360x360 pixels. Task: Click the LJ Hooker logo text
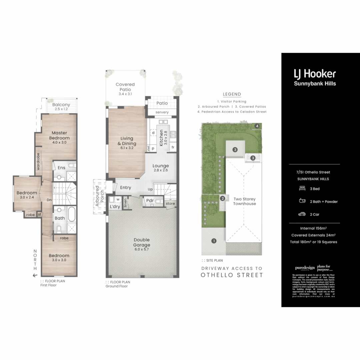(x=315, y=74)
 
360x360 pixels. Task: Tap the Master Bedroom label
(x=59, y=135)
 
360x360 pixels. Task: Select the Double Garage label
(x=142, y=242)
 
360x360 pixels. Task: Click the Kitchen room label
(x=161, y=138)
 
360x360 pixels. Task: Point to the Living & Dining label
(x=126, y=141)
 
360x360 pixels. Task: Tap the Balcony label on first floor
(x=61, y=105)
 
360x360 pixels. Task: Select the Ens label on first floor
(x=61, y=168)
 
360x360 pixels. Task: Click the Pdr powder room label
(x=150, y=201)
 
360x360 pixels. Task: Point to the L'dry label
(x=114, y=207)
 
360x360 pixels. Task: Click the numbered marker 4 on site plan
(x=257, y=126)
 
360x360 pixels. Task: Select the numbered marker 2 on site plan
(x=222, y=199)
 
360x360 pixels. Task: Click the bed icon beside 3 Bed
(x=302, y=189)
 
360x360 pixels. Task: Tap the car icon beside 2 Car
(x=302, y=214)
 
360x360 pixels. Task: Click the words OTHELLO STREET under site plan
(x=232, y=275)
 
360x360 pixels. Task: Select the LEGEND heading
(x=232, y=94)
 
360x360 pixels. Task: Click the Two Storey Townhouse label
(x=244, y=201)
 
